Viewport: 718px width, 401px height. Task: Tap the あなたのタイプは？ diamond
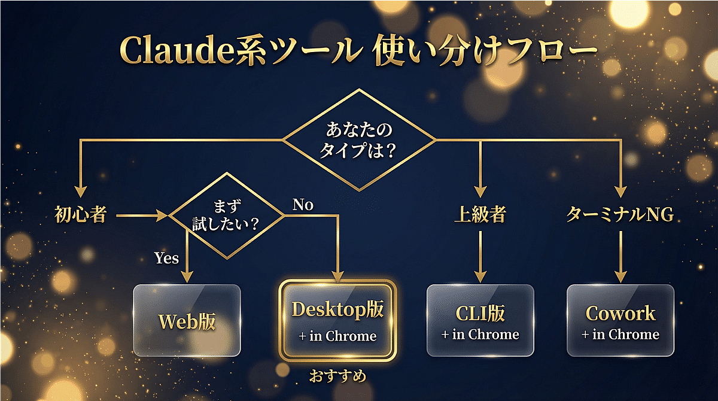click(360, 140)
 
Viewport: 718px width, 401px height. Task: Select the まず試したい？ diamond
click(227, 215)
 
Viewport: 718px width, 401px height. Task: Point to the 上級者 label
click(480, 215)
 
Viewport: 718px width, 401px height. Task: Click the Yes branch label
click(166, 259)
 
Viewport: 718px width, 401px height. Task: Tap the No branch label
click(303, 205)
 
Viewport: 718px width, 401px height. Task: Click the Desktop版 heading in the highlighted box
click(337, 310)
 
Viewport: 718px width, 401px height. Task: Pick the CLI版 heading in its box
click(480, 313)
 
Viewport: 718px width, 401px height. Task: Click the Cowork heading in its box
click(620, 313)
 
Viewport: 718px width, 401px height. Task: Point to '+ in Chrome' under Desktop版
click(337, 336)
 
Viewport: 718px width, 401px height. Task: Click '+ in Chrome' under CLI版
click(480, 335)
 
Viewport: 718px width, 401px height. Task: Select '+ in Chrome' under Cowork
click(620, 335)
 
